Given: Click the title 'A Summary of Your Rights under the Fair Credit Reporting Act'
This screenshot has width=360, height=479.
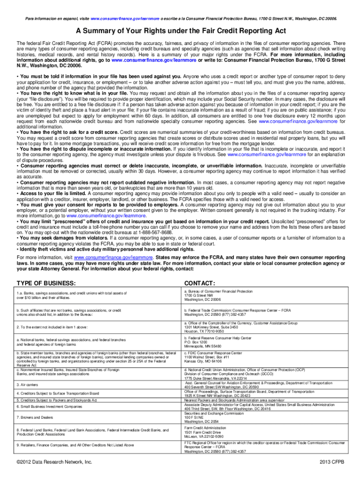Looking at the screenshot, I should tap(180, 31).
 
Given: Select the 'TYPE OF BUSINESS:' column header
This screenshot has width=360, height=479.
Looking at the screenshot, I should tap(46, 283).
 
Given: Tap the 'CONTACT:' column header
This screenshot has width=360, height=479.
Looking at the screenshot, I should tap(200, 283).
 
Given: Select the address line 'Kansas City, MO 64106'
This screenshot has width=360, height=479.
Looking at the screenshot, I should tap(203, 361).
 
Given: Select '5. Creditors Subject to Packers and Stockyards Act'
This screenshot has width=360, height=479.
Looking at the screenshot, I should tap(57, 400).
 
